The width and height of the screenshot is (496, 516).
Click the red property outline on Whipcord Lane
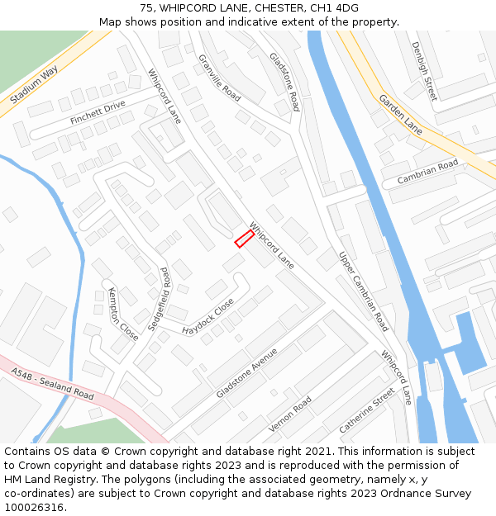point(244,239)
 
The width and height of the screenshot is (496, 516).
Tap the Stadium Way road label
point(35,86)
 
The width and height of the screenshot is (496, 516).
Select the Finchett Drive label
point(98,113)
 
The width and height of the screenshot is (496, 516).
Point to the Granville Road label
point(219,78)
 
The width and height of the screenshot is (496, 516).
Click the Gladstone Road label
point(284,82)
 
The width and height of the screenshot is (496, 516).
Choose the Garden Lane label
point(401,114)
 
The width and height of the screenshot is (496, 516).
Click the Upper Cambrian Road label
point(363,291)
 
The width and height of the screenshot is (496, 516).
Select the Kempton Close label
point(123,314)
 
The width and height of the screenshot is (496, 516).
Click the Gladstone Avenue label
point(247,372)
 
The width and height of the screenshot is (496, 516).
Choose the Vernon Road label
point(290,414)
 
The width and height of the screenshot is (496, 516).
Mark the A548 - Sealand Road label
point(53,384)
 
